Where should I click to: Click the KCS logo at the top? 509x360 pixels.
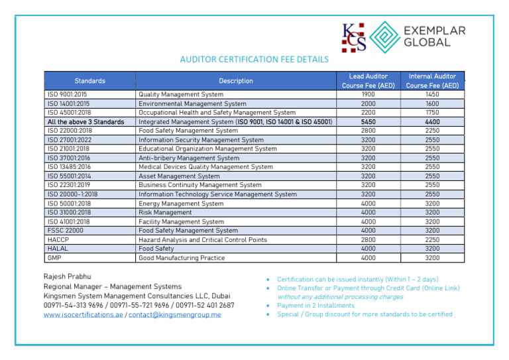(x=353, y=37)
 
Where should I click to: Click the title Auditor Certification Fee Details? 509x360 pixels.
(x=254, y=59)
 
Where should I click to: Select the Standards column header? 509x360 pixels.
(x=89, y=81)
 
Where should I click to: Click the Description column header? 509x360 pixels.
(x=236, y=81)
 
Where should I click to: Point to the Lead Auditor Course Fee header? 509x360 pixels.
(x=368, y=81)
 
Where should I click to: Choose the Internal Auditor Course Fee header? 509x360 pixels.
(x=432, y=81)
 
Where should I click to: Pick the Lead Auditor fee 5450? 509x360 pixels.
(x=368, y=122)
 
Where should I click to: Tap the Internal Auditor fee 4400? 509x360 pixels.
(x=432, y=122)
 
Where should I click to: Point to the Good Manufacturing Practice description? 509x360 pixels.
(x=182, y=258)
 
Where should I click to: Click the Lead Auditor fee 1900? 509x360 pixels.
(x=368, y=95)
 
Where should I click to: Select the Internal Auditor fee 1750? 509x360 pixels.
(x=432, y=113)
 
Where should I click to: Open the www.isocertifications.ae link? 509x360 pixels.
(x=83, y=315)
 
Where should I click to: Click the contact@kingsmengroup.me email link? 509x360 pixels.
(x=175, y=315)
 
